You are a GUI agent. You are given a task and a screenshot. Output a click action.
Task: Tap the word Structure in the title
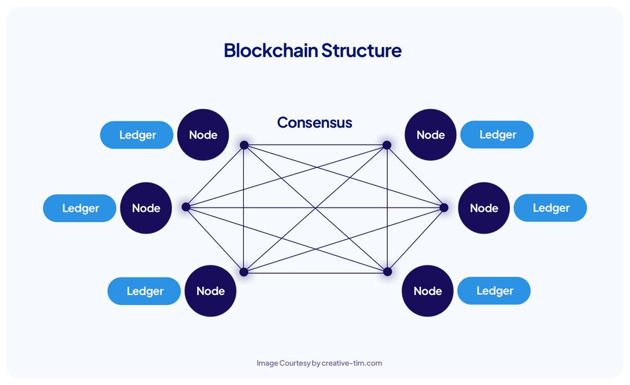coord(362,50)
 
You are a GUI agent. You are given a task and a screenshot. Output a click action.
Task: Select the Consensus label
coord(314,122)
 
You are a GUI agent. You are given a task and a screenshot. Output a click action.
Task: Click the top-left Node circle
coord(203,135)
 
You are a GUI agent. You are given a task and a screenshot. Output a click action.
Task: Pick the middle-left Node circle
coord(146,208)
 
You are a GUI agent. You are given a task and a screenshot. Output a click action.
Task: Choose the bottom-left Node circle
coord(210,291)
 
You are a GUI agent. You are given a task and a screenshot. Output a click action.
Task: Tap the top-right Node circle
coord(431,135)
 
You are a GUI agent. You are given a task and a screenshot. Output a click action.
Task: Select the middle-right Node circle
coord(484,208)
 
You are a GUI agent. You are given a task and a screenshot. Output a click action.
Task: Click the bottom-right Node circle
coord(428,291)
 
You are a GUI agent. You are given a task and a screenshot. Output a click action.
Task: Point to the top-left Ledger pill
coord(137,135)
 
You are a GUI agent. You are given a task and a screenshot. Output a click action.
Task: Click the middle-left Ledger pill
coord(80,208)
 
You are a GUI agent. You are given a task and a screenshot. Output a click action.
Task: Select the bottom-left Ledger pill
coord(145,291)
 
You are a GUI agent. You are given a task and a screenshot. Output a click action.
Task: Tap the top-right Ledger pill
coord(498,135)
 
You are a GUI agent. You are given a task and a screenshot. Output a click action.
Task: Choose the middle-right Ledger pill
coord(551,208)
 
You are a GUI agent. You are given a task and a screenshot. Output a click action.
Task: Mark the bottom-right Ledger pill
coord(495,291)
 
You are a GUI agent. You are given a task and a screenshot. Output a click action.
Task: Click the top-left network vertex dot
coord(244,145)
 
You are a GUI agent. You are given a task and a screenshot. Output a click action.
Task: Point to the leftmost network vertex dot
coord(186,206)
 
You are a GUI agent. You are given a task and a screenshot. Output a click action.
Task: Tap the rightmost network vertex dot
coord(444,207)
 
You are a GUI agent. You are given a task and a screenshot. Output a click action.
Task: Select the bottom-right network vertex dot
coord(387,272)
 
